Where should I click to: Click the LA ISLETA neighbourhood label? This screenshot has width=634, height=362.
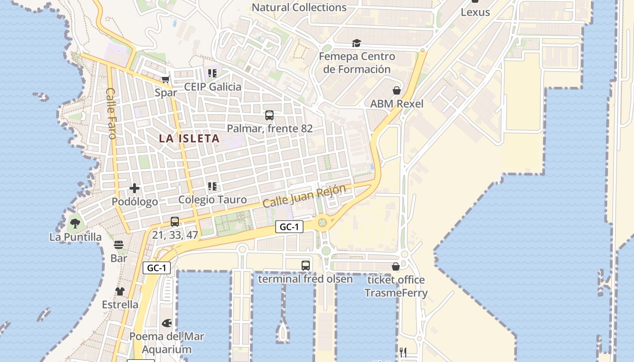189,138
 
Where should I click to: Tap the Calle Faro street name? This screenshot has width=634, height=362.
111,113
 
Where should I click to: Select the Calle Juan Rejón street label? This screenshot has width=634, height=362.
304,196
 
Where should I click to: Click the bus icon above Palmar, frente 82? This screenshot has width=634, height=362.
269,115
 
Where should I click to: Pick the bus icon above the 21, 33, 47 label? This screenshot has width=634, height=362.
175,222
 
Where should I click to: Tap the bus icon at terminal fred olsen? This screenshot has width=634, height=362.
306,266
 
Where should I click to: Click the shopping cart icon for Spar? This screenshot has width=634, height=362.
166,80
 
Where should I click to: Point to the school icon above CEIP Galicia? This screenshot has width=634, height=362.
212,73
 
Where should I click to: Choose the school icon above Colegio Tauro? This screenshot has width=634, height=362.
212,186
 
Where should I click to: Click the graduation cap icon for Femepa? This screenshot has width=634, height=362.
357,43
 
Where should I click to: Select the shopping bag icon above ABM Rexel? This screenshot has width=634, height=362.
397,90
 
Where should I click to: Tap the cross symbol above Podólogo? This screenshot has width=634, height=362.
134,188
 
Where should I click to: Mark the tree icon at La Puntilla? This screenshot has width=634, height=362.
75,223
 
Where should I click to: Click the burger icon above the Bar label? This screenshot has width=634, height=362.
119,245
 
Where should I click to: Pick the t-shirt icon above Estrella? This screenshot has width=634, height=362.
120,291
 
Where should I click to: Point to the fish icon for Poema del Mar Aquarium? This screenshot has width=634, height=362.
167,323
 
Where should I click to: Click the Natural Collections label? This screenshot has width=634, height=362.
299,8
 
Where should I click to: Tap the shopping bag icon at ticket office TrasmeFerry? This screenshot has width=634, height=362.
396,267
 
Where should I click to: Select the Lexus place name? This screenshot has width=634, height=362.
475,12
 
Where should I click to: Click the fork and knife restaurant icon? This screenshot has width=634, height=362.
403,352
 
